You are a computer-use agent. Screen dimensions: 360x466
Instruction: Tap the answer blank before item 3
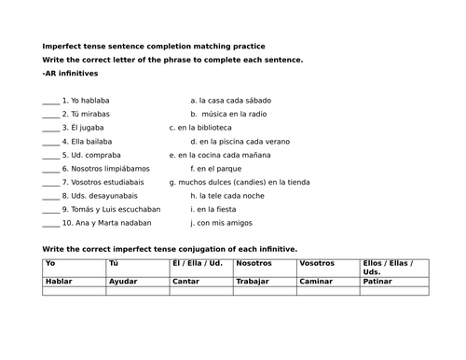pyautogui.click(x=50, y=128)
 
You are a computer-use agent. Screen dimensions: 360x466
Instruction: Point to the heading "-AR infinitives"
pyautogui.click(x=70, y=72)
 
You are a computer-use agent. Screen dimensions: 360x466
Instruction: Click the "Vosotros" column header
pyautogui.click(x=317, y=264)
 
